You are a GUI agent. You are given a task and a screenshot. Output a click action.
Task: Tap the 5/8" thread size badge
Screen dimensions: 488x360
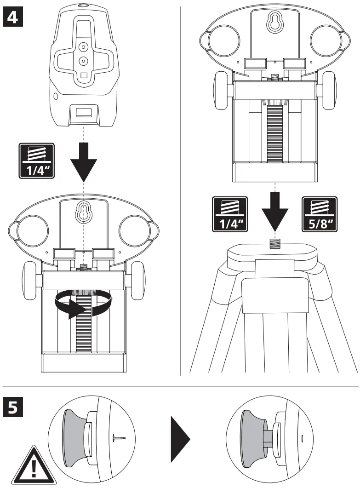[318, 213]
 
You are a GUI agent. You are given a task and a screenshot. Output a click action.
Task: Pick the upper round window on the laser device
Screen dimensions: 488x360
[83, 46]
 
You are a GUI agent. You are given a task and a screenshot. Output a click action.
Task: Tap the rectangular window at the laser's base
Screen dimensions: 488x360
[84, 112]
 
